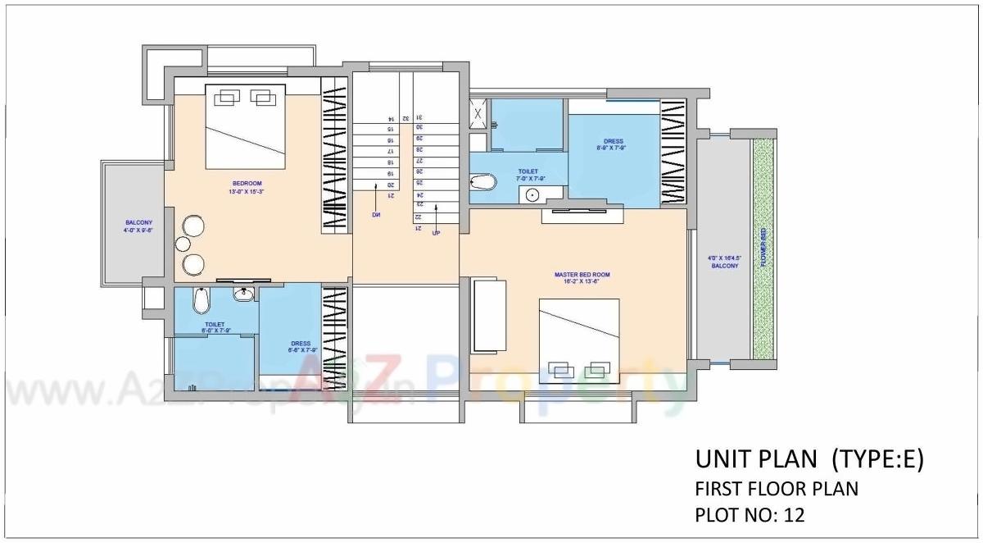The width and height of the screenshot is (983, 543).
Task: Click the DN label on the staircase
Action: (376, 215)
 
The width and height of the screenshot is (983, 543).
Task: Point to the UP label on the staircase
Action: (436, 233)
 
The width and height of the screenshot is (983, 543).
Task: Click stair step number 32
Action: (405, 118)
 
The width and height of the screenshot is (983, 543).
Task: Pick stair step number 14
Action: (391, 119)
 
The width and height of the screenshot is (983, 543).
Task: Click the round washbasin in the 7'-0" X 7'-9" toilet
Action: (532, 195)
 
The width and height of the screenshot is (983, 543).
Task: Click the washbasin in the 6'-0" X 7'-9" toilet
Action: (242, 293)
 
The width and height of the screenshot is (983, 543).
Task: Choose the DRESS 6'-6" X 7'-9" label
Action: (300, 347)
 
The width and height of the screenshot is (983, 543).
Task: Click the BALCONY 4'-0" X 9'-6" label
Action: (138, 226)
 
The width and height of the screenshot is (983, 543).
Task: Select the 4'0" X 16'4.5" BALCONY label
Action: (724, 262)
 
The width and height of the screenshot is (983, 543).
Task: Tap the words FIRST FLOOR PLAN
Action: (776, 489)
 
